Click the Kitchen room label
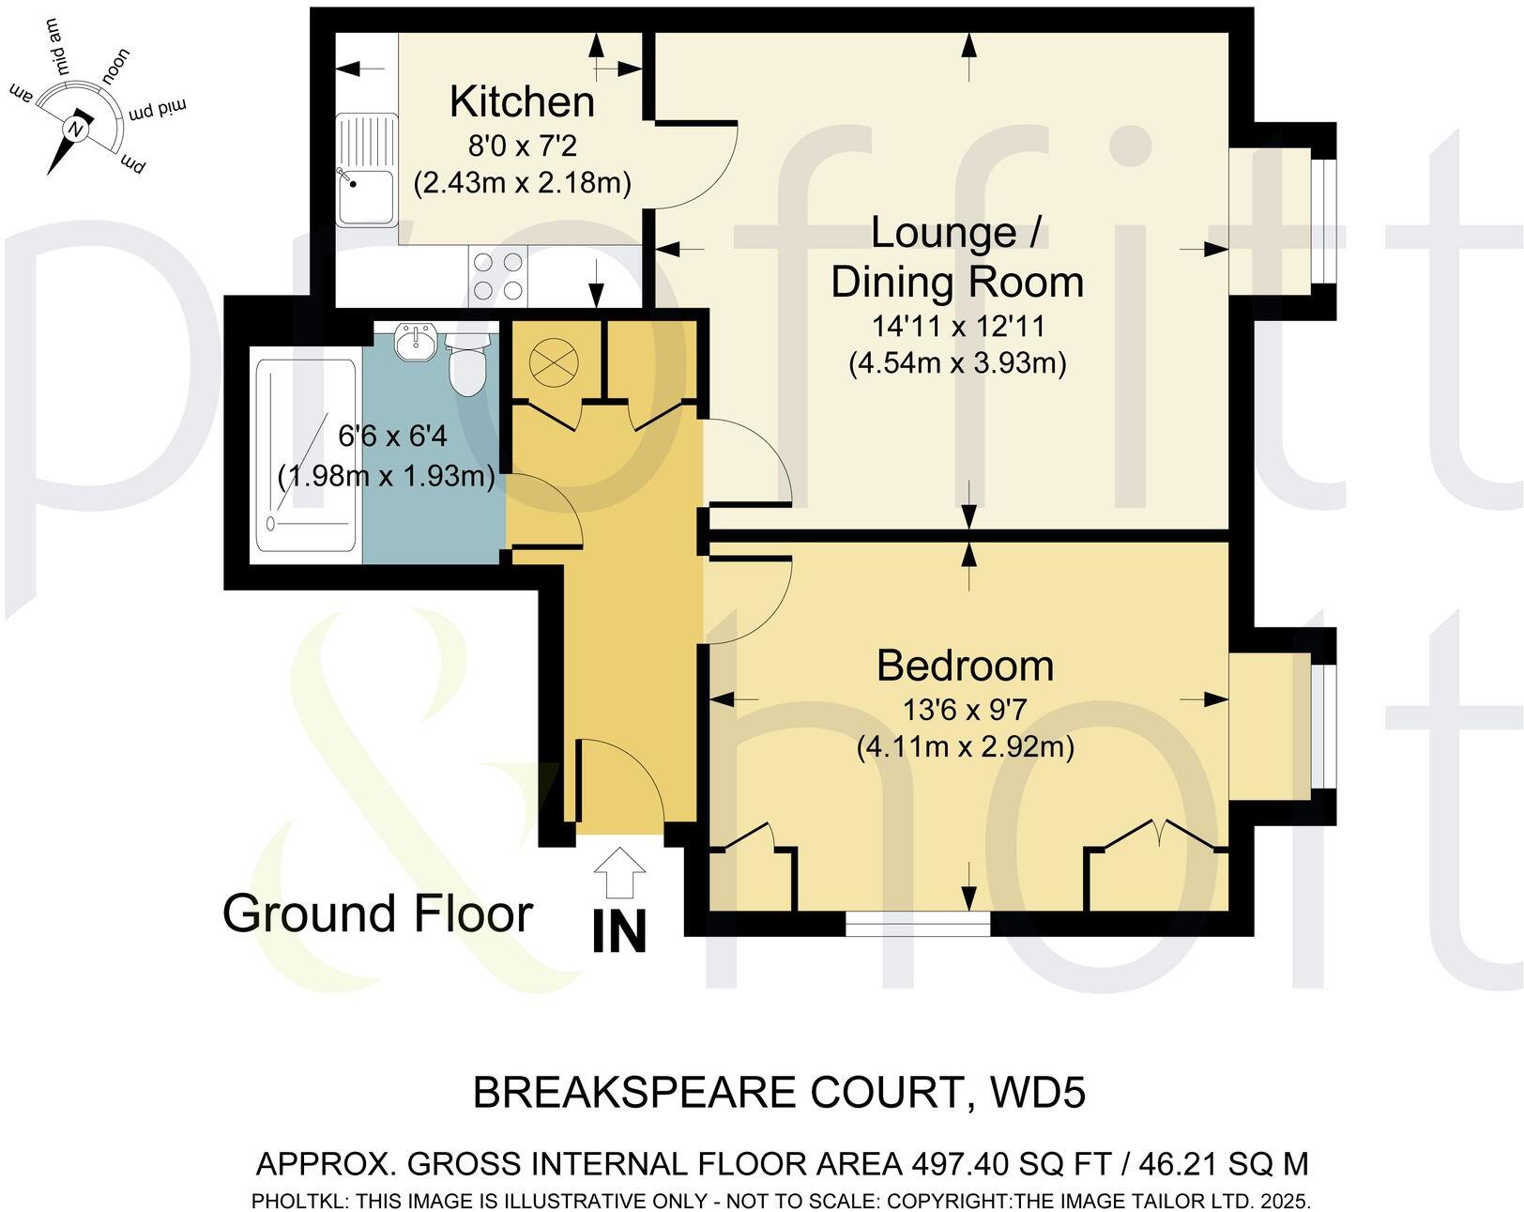tap(522, 101)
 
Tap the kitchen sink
tap(367, 169)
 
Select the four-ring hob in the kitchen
tap(497, 277)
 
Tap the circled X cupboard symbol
tap(556, 361)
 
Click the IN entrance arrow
tap(619, 873)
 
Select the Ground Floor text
tap(377, 913)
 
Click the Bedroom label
tap(965, 666)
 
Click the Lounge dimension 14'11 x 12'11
tap(957, 327)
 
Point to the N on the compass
tap(76, 129)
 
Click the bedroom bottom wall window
tap(917, 926)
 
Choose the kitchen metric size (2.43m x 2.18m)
tap(522, 182)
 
